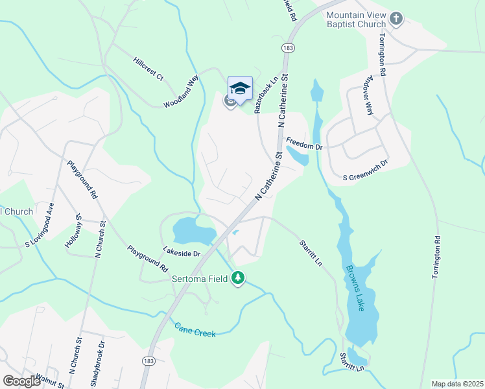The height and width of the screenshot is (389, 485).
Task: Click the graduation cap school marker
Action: (240, 88)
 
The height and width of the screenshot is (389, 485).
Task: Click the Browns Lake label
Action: (357, 288)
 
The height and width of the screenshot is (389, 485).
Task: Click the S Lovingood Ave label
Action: (40, 225)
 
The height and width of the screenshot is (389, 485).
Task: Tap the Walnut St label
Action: (51, 380)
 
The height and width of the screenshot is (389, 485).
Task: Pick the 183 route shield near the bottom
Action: (148, 359)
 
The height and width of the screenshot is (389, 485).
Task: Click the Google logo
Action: (22, 381)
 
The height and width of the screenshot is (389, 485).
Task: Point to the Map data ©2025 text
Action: (457, 384)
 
